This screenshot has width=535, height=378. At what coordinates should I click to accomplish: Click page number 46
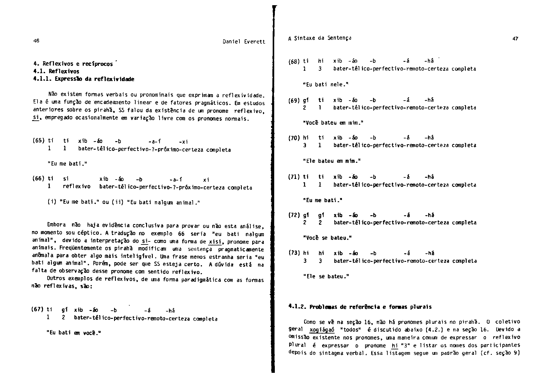point(36,41)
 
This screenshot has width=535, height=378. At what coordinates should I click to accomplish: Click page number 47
point(515,39)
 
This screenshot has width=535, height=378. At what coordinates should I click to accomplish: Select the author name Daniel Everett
point(244,42)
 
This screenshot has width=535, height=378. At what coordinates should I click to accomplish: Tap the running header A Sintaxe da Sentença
point(320,38)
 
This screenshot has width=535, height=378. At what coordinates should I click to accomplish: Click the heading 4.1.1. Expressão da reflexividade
point(84,79)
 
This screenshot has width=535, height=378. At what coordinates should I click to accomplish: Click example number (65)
point(38,141)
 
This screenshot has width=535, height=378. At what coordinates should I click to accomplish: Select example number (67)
point(37,309)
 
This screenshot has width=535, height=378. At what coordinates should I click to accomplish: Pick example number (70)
point(294,138)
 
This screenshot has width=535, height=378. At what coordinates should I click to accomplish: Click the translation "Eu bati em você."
point(74,333)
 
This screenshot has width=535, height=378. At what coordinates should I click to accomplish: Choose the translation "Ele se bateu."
point(326,276)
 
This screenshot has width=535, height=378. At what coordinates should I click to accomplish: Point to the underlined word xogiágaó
point(322,330)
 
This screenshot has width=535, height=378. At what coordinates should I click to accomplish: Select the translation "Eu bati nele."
point(325,84)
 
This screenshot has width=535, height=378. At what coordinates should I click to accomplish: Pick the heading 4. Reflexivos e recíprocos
point(73,64)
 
